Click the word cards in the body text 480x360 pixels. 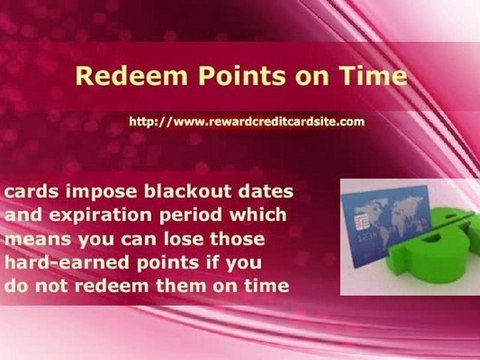point(30,192)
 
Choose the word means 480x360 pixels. point(35,240)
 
